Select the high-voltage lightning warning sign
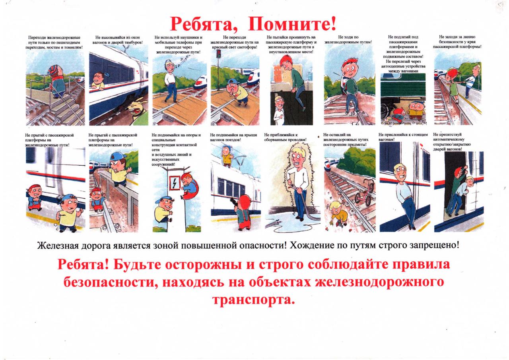tap(175, 183)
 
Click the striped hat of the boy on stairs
tap(53, 69)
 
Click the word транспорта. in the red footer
tap(253, 300)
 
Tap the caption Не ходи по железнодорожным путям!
tap(348, 39)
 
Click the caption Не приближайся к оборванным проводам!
tap(285, 137)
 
